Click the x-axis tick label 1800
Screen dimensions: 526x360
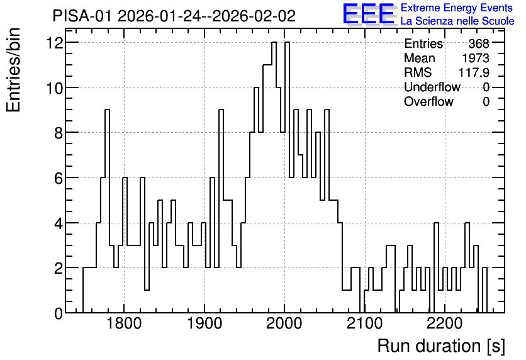coord(124,323)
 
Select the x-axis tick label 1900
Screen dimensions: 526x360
coord(204,323)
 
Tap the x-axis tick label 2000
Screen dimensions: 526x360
coord(284,323)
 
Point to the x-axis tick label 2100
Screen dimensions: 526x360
coord(365,323)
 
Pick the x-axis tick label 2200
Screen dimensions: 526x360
coord(445,323)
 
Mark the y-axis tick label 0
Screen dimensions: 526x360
coord(59,313)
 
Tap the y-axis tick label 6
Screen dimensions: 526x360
coord(59,178)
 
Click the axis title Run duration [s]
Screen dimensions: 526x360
coord(441,346)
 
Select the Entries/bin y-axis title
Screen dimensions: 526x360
coord(14,70)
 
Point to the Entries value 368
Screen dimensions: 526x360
coord(479,43)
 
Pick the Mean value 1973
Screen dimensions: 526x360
coord(476,58)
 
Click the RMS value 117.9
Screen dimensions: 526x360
coord(474,72)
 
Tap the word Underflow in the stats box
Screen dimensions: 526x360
coord(432,87)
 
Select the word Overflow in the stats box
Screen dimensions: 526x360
coord(428,101)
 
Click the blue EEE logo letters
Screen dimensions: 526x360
coord(369,14)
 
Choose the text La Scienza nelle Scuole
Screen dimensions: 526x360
coord(457,21)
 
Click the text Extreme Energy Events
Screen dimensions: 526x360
coord(457,8)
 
